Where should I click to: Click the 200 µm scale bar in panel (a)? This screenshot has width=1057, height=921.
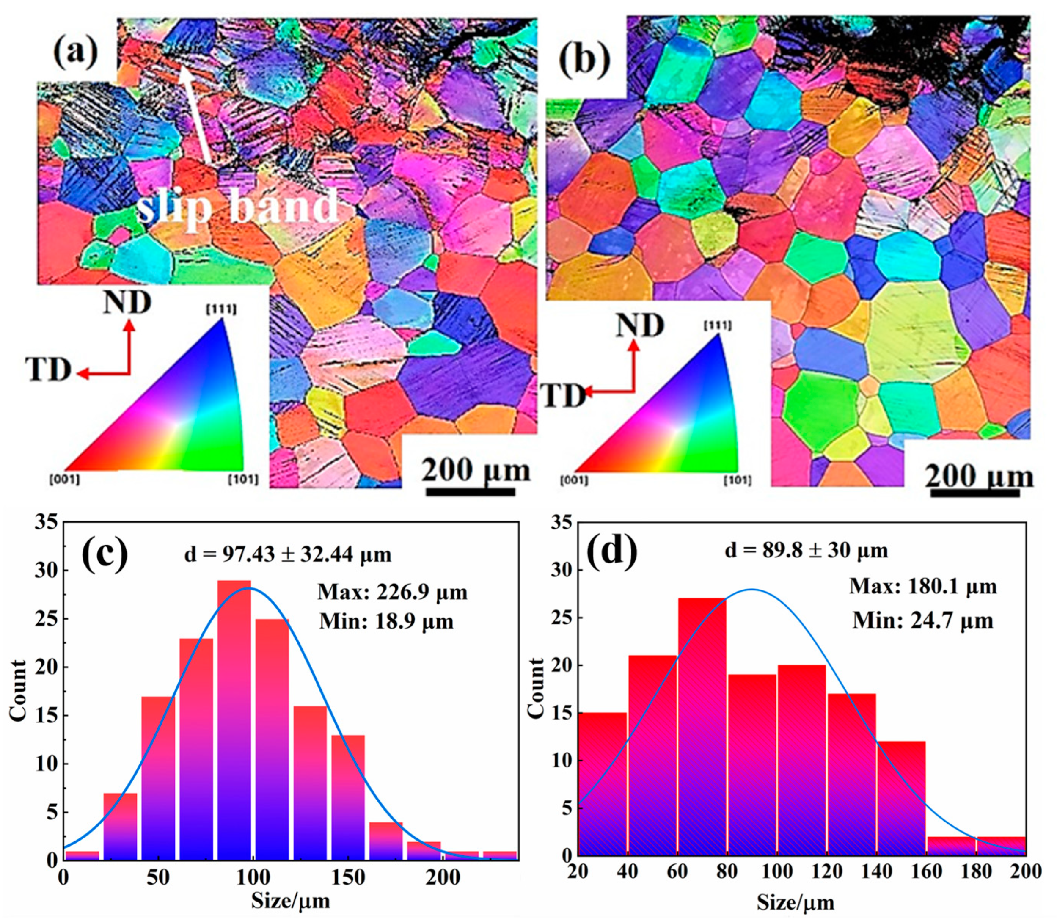[471, 491]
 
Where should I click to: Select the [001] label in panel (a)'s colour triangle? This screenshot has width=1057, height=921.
[65, 480]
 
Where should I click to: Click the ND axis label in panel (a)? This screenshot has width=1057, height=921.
[127, 303]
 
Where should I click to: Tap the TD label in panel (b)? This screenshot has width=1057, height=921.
[563, 396]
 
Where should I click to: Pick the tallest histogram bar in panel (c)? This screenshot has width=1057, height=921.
[234, 720]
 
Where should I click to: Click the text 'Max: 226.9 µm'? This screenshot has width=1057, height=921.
[393, 592]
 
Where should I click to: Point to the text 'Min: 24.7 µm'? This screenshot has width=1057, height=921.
[923, 620]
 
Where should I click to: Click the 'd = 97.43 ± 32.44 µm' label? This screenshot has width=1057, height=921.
[288, 554]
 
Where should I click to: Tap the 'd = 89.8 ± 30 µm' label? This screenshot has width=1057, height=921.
[806, 550]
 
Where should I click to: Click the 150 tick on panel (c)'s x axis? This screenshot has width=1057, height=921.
[348, 877]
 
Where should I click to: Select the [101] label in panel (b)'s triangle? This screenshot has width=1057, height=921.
[738, 480]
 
